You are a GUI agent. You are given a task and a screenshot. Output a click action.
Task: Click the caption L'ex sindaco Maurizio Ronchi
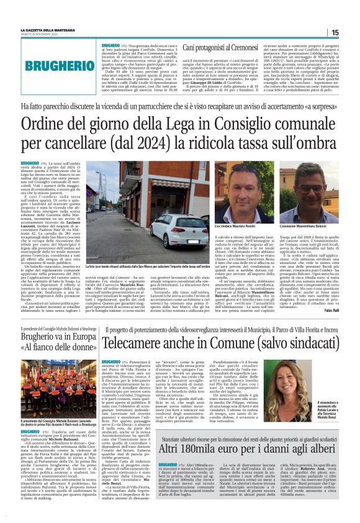point(247,230)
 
